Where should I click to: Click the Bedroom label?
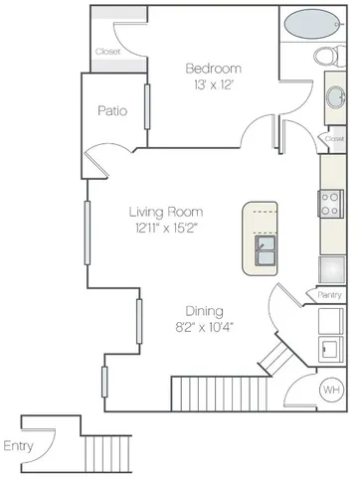point(214,68)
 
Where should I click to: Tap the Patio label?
point(111,111)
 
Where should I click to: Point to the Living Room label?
point(165,212)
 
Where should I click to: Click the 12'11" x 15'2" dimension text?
point(165,229)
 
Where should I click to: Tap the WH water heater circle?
point(330,390)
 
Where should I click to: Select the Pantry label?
point(330,294)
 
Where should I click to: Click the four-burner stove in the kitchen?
point(330,204)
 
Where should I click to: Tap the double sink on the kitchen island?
point(265,250)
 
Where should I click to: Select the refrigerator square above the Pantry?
point(330,268)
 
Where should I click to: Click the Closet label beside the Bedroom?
point(107,52)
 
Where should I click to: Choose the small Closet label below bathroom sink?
point(335,139)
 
